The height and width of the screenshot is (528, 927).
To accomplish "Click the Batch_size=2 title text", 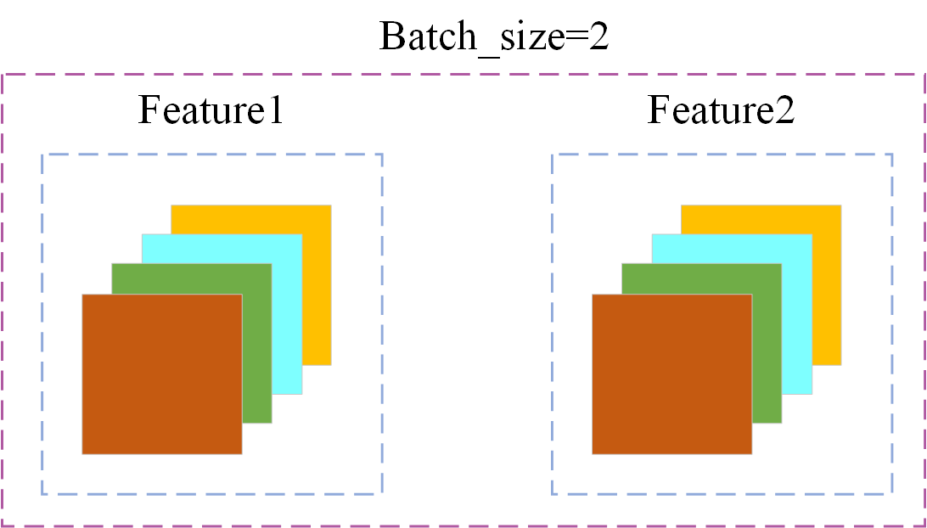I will [493, 37].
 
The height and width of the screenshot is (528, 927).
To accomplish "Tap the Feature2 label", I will [721, 110].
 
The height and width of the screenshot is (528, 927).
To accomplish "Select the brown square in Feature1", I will [161, 374].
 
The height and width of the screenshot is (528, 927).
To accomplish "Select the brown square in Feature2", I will [671, 374].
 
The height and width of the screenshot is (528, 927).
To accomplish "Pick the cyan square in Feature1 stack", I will [287, 314].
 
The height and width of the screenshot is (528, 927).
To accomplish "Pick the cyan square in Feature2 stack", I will [796, 314].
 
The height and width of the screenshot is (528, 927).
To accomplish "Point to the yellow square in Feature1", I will [317, 280].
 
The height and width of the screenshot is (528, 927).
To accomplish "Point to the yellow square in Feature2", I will [827, 280].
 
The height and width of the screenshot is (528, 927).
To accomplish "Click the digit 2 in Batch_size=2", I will [598, 37].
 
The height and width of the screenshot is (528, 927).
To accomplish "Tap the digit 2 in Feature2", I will [784, 110].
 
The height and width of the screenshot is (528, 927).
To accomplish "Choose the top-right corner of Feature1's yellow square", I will [330, 205].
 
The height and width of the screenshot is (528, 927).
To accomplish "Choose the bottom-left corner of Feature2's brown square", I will [593, 453].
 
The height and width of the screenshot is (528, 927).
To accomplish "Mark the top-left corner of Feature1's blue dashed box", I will [42, 154].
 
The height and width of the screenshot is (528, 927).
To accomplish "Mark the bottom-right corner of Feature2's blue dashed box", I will [892, 493].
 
